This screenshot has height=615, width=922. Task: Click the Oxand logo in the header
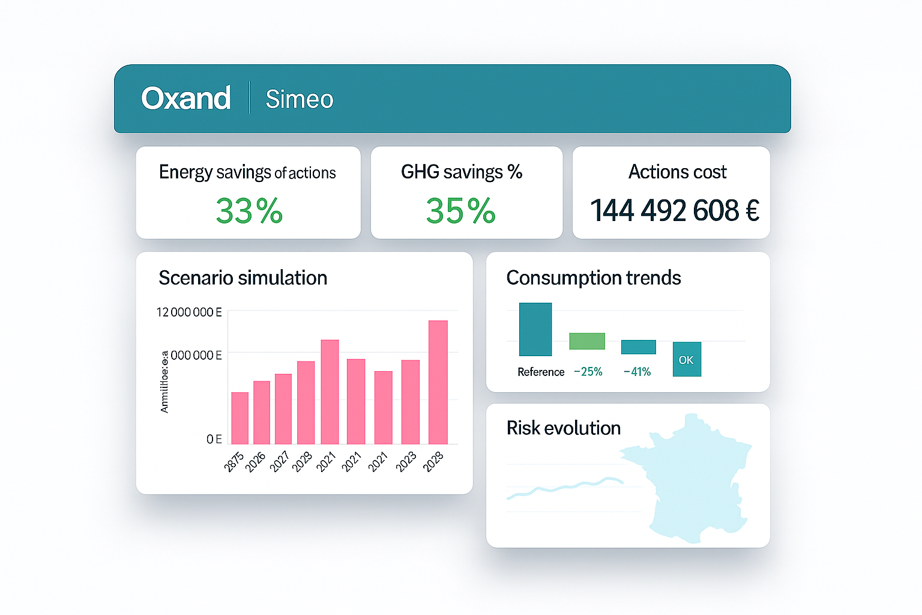(x=185, y=98)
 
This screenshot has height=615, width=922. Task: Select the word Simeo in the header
(x=299, y=99)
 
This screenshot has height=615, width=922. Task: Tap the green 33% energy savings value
(x=249, y=211)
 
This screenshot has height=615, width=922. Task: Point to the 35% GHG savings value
(x=460, y=211)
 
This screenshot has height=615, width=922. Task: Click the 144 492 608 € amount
(x=674, y=211)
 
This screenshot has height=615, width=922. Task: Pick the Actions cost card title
(x=677, y=172)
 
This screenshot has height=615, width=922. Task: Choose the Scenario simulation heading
(x=243, y=278)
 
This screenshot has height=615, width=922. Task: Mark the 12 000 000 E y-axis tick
(x=188, y=312)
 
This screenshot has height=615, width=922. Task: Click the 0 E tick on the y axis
(x=214, y=439)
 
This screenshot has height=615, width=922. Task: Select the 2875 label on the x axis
(x=234, y=461)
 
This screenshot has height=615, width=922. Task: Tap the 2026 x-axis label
(x=255, y=461)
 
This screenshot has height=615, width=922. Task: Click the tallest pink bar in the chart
(x=438, y=382)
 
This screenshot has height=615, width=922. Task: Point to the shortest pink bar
(x=240, y=418)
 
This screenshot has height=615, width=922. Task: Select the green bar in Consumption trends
(x=586, y=341)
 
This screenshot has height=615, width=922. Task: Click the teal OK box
(x=686, y=360)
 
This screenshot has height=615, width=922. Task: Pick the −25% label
(x=588, y=372)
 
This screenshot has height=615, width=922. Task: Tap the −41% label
(x=637, y=372)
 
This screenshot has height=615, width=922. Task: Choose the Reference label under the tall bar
(x=540, y=372)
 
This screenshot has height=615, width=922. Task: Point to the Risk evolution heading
(x=563, y=428)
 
